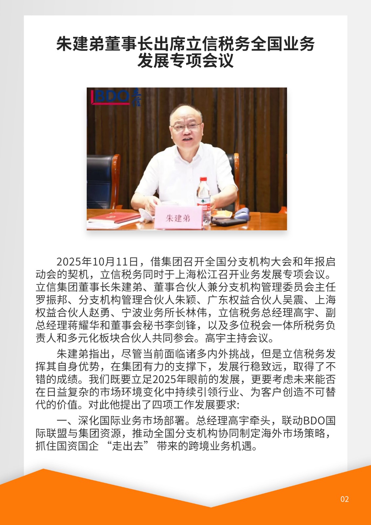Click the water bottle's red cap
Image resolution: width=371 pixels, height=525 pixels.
[203, 180]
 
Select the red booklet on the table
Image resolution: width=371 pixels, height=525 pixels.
[113, 217]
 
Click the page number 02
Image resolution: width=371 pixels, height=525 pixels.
[344, 499]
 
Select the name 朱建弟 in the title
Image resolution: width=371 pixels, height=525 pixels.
[80, 44]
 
